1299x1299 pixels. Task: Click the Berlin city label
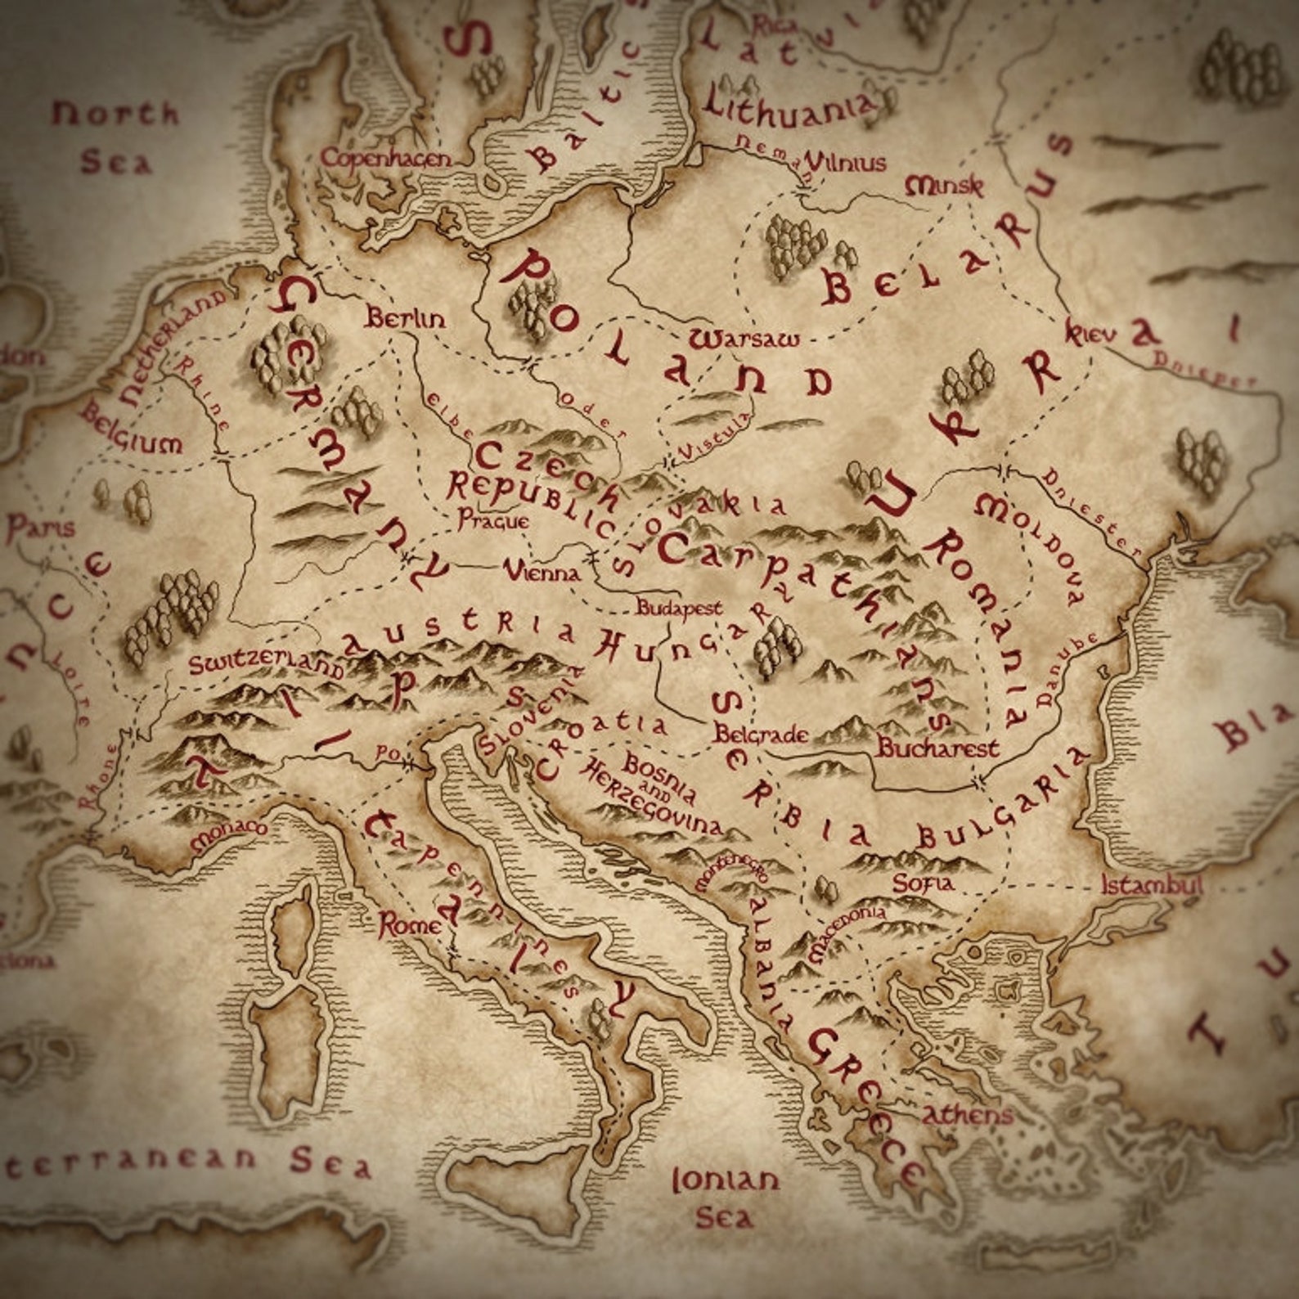(x=406, y=317)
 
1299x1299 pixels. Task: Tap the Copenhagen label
(x=385, y=158)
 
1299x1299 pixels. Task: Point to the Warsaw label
(x=744, y=339)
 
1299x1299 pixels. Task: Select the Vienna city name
(x=542, y=571)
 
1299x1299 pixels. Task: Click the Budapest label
(x=679, y=608)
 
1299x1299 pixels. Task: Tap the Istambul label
(x=1152, y=885)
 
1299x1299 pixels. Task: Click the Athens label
(x=968, y=1114)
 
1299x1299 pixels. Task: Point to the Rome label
(x=409, y=926)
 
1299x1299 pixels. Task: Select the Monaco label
(x=228, y=834)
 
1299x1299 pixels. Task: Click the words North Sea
(x=115, y=137)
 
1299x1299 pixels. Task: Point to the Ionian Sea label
(x=726, y=1198)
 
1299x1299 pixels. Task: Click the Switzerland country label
(x=267, y=663)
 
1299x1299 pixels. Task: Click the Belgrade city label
(x=761, y=734)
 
